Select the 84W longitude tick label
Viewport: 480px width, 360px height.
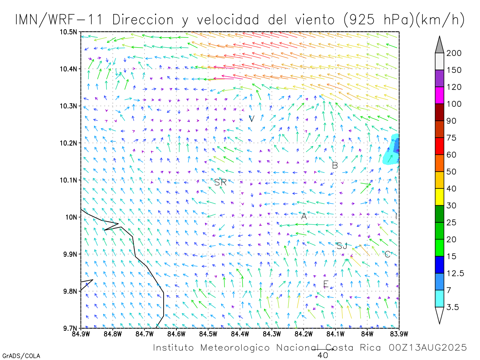point(367,333)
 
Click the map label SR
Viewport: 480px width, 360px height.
point(220,182)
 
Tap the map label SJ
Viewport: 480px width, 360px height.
point(342,246)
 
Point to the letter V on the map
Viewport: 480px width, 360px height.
point(252,119)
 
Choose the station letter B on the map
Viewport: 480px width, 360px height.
point(335,165)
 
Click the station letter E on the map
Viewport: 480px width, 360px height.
point(326,284)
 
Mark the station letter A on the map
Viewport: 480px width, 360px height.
point(304,216)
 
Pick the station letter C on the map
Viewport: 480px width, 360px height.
point(387,254)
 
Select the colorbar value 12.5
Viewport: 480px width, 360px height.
point(456,274)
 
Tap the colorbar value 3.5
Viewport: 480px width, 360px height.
point(453,307)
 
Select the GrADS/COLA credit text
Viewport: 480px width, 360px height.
point(21,356)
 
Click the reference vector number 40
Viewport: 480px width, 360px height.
point(323,355)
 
